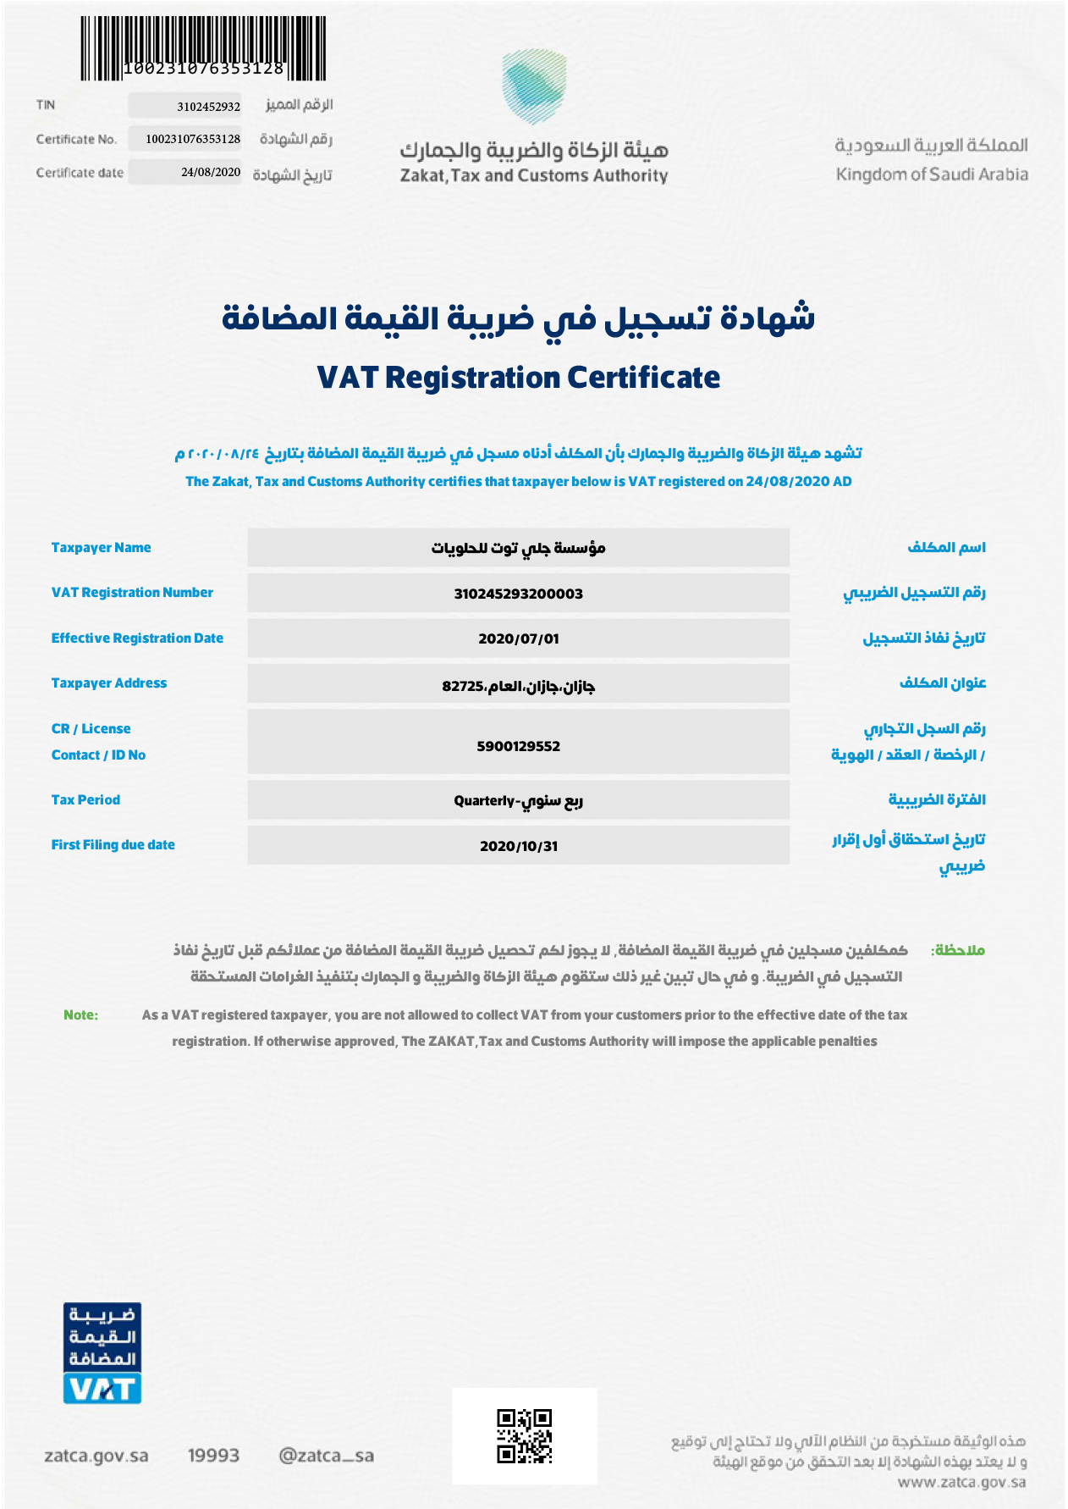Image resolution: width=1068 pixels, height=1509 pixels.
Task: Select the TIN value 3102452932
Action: click(208, 107)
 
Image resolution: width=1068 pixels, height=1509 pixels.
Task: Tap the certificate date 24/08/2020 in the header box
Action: click(211, 172)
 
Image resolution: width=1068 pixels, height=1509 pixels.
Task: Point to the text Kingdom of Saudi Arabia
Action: click(932, 174)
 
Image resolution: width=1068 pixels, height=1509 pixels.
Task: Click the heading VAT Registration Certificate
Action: click(518, 377)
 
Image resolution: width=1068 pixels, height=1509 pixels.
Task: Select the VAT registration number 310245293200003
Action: click(518, 594)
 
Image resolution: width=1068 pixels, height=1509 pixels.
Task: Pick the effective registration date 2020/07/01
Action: click(518, 638)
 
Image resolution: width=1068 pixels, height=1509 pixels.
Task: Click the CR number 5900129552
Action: click(518, 746)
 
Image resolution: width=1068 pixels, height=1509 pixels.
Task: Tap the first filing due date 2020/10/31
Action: click(518, 846)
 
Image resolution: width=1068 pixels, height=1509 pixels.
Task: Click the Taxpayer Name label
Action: click(101, 547)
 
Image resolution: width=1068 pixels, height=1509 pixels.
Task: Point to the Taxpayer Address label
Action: click(109, 683)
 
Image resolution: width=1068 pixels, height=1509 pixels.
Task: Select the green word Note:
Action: click(80, 1014)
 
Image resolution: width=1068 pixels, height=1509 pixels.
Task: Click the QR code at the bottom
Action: click(524, 1436)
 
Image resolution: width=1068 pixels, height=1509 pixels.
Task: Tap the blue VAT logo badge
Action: click(102, 1352)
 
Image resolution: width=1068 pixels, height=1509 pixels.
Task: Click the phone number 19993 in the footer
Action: click(213, 1456)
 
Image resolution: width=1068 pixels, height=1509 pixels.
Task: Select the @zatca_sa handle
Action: click(326, 1456)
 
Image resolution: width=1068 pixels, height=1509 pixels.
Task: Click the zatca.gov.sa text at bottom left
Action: click(96, 1456)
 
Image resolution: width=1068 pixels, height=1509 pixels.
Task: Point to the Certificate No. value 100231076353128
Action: click(193, 139)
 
